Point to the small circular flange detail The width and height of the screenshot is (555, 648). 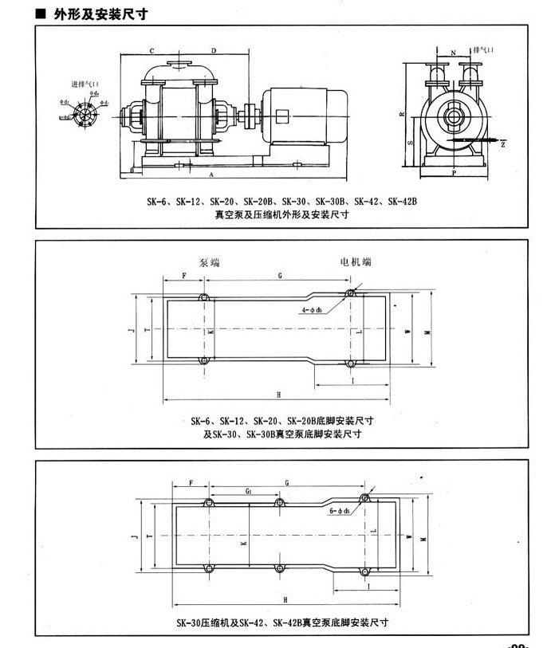pos(80,116)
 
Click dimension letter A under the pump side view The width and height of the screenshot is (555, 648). pos(211,173)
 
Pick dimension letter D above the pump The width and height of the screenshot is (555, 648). pos(213,49)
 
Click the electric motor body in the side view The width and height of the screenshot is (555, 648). pos(307,116)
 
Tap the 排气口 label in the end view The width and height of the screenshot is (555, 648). pos(483,49)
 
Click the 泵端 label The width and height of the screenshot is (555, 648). pos(209,261)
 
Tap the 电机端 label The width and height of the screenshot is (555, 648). pos(355,261)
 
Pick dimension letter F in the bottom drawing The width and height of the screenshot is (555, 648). pos(191,483)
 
